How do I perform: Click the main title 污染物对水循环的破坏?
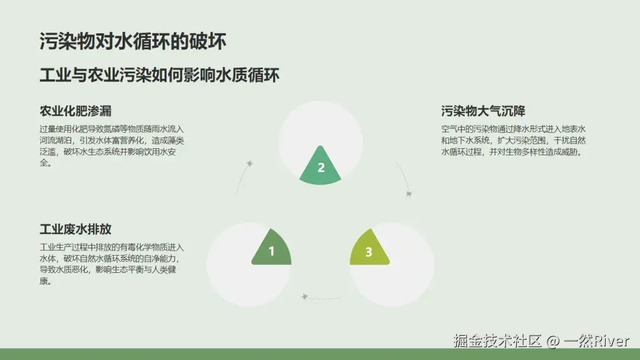coord(133,42)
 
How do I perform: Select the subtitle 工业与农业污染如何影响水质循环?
coord(159,75)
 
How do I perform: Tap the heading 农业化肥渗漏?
coord(75,111)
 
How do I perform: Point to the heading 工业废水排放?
coord(75,230)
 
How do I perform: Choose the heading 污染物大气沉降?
coord(483,111)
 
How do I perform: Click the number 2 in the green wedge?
coord(321,168)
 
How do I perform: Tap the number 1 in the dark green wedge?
coord(271,251)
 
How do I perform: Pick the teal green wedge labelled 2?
coord(321,163)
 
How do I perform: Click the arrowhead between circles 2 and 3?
coord(408,193)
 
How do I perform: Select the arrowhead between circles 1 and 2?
coord(251,163)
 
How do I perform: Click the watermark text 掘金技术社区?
coord(498,341)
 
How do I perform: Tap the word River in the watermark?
coord(611,341)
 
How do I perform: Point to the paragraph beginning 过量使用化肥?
coord(111,146)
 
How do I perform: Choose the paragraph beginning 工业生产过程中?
coord(111,264)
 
